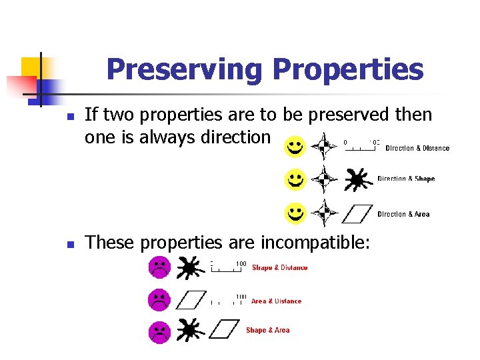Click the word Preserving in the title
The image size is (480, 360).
[x=185, y=69]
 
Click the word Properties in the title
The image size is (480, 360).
[x=347, y=69]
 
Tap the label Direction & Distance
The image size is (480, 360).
[x=417, y=148]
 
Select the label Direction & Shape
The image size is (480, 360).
[x=405, y=179]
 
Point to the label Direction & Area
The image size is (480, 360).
[x=403, y=214]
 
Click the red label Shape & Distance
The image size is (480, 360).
[x=279, y=267]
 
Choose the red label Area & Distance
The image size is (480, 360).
[x=276, y=301]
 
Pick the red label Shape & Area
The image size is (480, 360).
[x=267, y=330]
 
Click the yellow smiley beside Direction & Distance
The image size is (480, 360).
[x=294, y=147]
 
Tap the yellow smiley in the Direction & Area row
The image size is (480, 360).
[x=294, y=213]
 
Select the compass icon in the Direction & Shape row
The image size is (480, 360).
[x=325, y=179]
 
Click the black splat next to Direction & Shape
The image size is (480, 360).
[x=357, y=179]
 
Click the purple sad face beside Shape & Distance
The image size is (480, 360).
[x=159, y=267]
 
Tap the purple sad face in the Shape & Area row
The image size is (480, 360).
[x=159, y=331]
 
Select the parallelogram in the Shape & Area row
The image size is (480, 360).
[x=223, y=329]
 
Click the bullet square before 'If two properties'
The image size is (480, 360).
[x=69, y=117]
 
